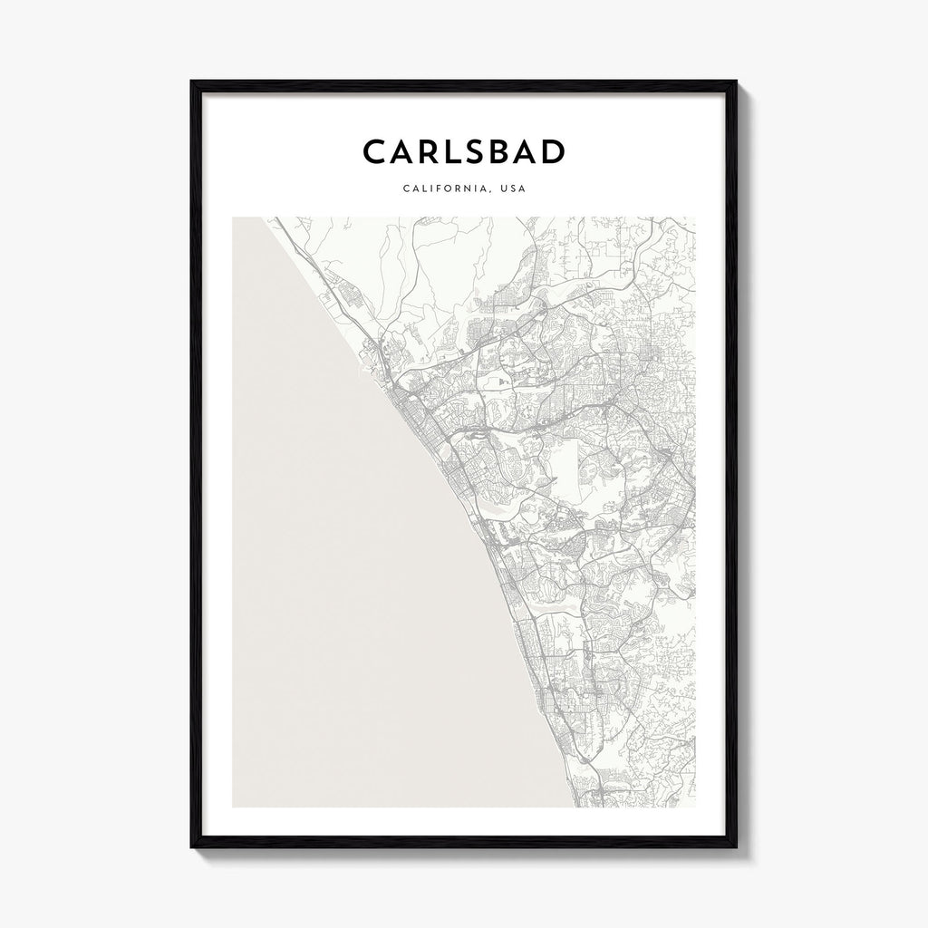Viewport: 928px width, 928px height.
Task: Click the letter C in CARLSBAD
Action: pyautogui.click(x=375, y=152)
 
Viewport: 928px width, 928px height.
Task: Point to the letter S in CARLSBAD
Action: pyautogui.click(x=487, y=152)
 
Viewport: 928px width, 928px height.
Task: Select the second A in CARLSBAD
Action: pyautogui.click(x=546, y=152)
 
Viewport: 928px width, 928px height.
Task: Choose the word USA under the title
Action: pyautogui.click(x=514, y=189)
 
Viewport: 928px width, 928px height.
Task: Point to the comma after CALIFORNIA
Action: pyautogui.click(x=493, y=192)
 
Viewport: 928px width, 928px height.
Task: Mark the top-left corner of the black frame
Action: pyautogui.click(x=191, y=80)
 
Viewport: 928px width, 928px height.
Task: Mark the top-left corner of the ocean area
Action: pyautogui.click(x=233, y=217)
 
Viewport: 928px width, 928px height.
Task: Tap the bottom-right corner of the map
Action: pyautogui.click(x=695, y=807)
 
